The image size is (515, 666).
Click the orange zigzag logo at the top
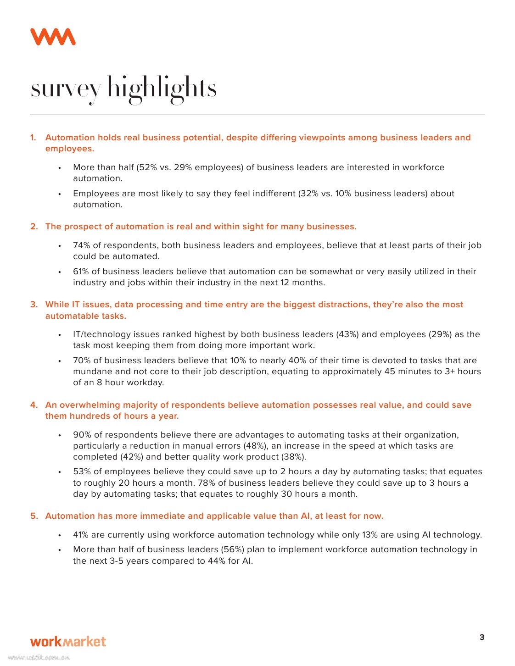click(x=53, y=37)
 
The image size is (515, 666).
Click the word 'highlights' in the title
click(x=162, y=88)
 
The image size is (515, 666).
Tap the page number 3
click(x=481, y=637)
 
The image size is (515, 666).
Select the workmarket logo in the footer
click(x=68, y=641)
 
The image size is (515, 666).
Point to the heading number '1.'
click(x=34, y=138)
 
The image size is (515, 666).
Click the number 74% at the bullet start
click(x=81, y=245)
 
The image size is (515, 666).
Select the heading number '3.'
click(x=34, y=305)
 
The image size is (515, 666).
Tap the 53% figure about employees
click(x=81, y=472)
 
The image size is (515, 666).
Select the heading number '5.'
click(x=34, y=516)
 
